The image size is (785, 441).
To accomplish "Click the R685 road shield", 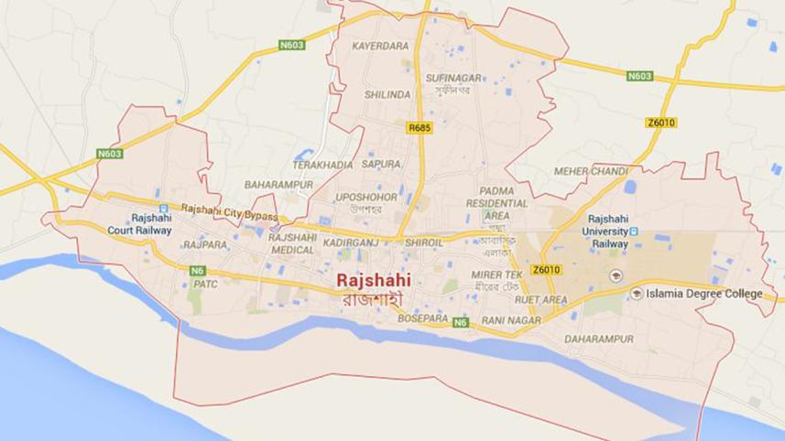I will [x=419, y=128].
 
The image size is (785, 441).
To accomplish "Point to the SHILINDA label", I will [x=387, y=95].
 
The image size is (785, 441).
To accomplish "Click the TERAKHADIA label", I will [x=322, y=165].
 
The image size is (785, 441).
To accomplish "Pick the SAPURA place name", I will [x=381, y=165].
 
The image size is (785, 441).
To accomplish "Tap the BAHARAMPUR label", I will [x=278, y=185].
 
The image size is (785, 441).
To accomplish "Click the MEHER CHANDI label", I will [x=592, y=172].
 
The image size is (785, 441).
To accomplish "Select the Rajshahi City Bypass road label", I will [x=230, y=210].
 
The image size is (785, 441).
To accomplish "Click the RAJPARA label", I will [x=204, y=245].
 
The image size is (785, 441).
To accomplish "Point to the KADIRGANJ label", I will [x=351, y=244].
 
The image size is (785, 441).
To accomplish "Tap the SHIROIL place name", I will [x=424, y=244].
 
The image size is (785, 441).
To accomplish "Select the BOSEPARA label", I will [x=423, y=318].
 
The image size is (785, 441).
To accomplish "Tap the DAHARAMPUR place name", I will [x=599, y=339].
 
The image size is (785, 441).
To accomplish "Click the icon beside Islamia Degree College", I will [x=637, y=293].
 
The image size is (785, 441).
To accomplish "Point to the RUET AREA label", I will [x=542, y=299].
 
